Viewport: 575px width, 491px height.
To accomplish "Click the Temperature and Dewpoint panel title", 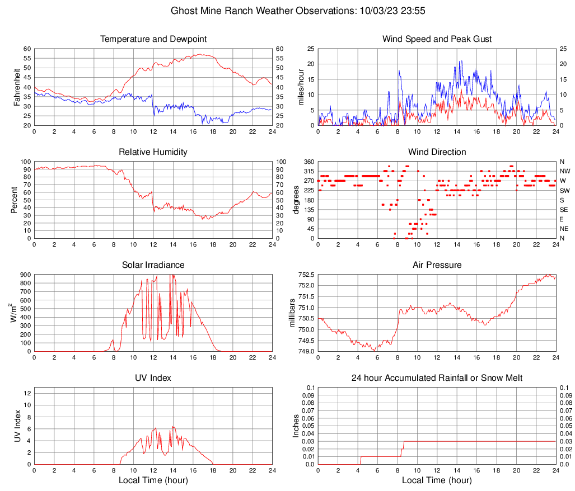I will coord(153,39).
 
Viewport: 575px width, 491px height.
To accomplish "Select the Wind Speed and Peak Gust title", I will coord(437,39).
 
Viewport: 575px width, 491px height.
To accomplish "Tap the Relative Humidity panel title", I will coord(153,152).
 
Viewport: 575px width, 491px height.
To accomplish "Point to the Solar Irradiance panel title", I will coord(153,265).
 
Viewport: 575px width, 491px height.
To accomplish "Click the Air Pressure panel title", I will coord(437,265).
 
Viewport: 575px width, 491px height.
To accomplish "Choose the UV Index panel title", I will coord(153,378).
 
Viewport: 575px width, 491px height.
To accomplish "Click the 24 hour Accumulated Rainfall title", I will coord(437,378).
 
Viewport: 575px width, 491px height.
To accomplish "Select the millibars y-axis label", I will coord(292,313).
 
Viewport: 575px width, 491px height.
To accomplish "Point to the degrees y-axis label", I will coord(296,200).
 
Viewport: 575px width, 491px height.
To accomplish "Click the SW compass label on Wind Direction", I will coord(565,191).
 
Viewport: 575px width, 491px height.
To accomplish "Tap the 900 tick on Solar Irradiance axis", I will coord(26,275).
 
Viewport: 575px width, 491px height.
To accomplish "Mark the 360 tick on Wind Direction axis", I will coord(308,162).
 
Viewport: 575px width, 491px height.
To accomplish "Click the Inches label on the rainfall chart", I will coord(296,426).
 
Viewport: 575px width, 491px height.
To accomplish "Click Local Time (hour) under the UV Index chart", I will coord(153,480).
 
